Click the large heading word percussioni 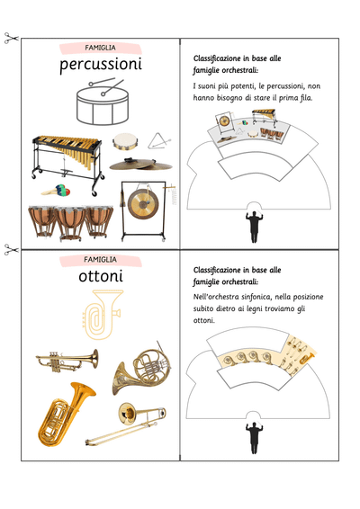click(x=101, y=65)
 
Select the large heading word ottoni click(x=101, y=276)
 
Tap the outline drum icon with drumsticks click(x=103, y=102)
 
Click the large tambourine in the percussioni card click(x=125, y=141)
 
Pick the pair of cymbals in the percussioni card click(x=140, y=165)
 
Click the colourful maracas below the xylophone click(x=56, y=191)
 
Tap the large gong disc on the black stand click(x=142, y=204)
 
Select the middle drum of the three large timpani click(x=70, y=223)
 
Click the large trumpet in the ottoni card click(x=67, y=361)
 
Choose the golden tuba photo click(x=65, y=415)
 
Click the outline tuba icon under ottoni click(x=103, y=315)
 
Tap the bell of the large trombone click(x=127, y=414)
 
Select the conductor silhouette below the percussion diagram click(x=254, y=227)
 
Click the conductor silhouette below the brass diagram click(x=254, y=437)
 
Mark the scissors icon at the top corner click(x=12, y=38)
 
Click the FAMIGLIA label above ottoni click(x=100, y=260)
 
